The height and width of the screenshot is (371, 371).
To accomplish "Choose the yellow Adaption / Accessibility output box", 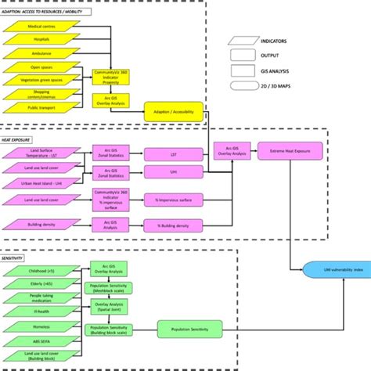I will (x=174, y=111).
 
